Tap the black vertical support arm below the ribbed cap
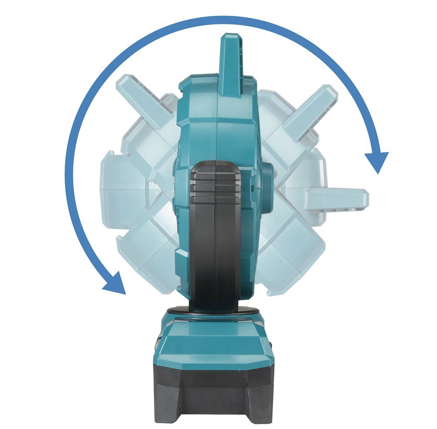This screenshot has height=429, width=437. tap(215, 254)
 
